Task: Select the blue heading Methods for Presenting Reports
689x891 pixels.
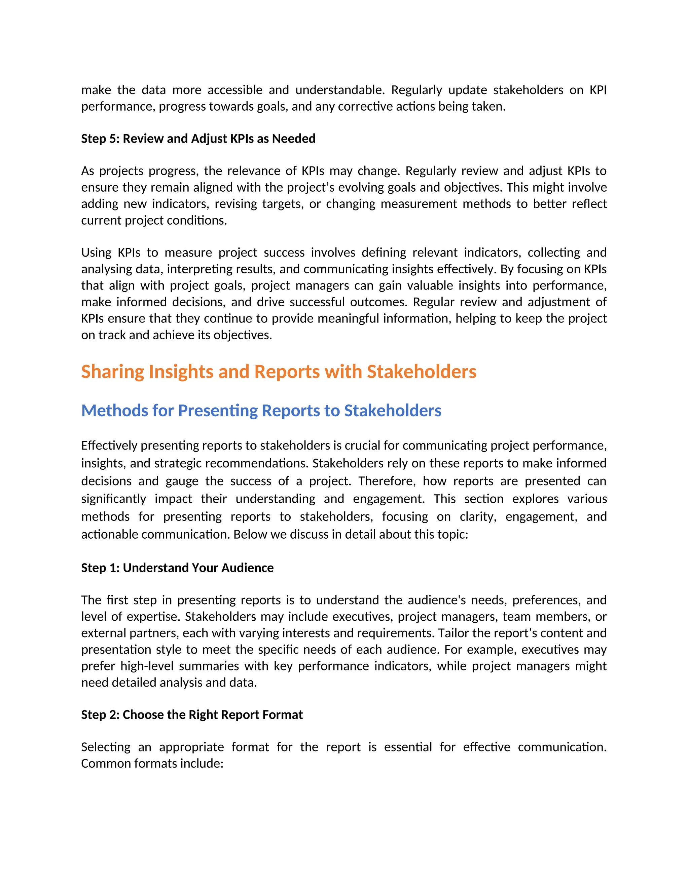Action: (x=261, y=411)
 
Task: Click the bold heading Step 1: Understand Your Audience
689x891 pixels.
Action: (x=177, y=568)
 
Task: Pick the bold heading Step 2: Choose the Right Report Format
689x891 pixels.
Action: (x=192, y=715)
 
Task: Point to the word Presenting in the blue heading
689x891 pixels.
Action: (x=218, y=411)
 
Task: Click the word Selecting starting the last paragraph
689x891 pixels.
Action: (x=106, y=747)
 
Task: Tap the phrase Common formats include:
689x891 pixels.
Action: (x=152, y=763)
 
